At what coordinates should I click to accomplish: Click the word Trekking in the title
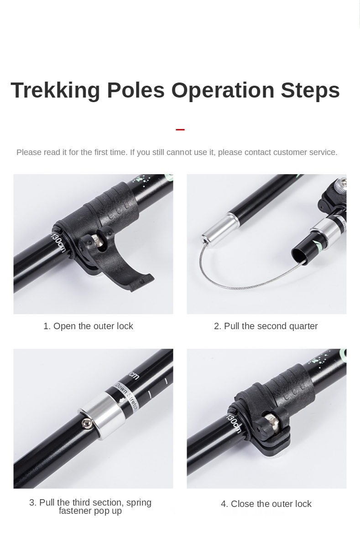55,90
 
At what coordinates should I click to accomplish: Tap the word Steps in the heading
310,90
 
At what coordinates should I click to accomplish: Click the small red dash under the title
180,129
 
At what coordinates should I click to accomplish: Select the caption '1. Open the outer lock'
88,326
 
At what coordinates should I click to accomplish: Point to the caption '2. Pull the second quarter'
266,326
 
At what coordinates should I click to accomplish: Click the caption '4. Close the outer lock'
266,504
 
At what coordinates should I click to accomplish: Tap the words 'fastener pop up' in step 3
90,511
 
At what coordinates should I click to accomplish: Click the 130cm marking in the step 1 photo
58,243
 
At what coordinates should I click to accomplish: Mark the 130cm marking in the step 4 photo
233,422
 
